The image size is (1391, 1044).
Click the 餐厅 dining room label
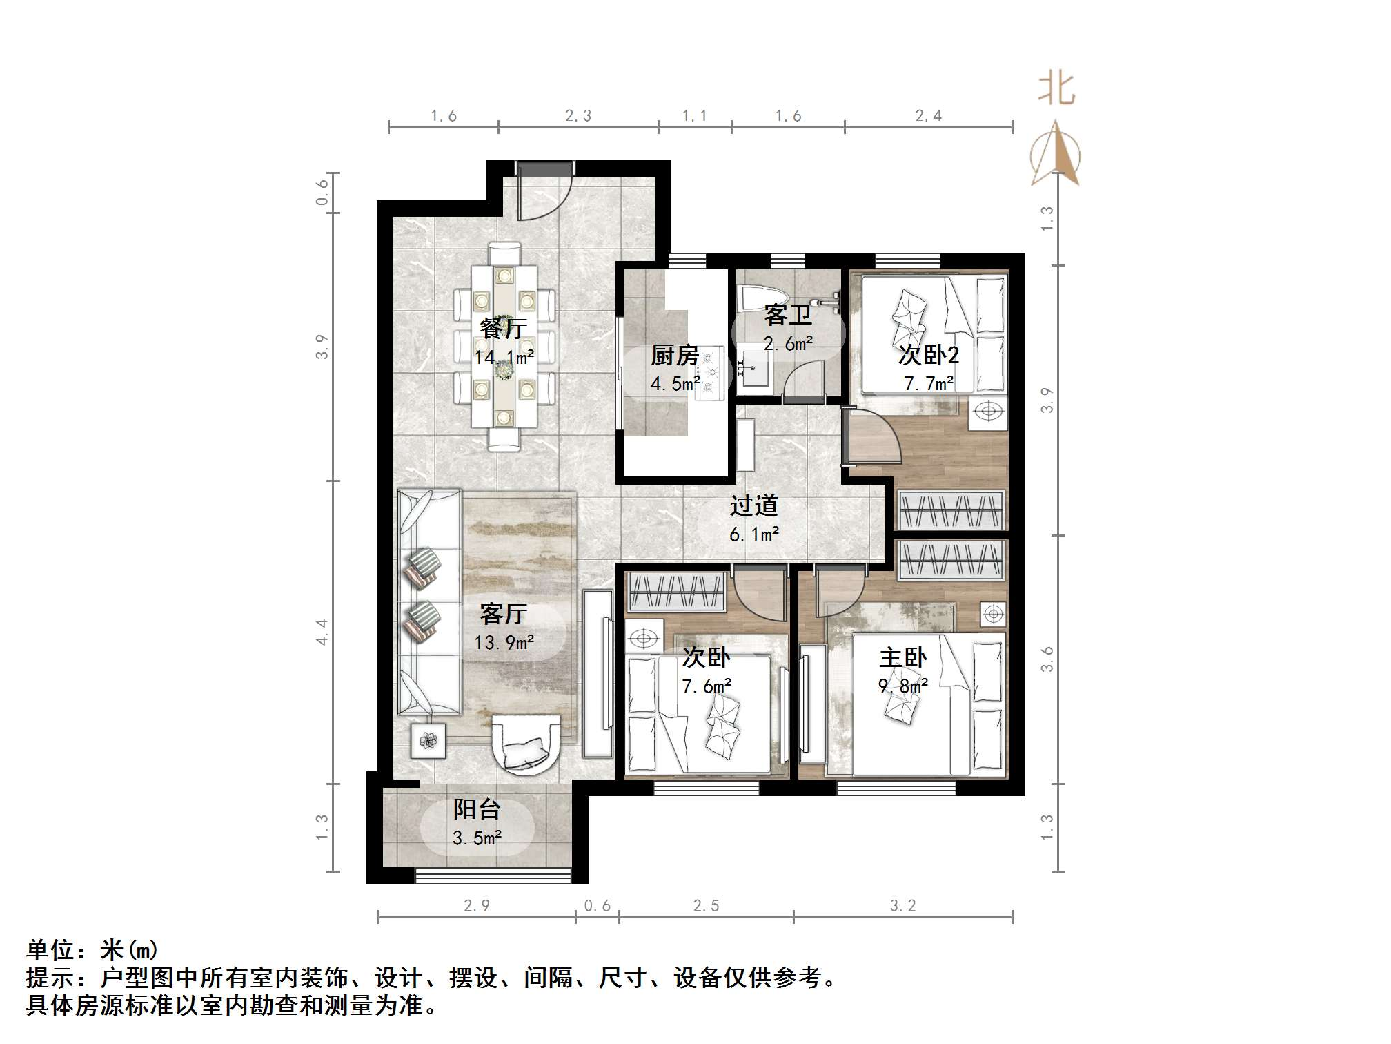[x=504, y=328]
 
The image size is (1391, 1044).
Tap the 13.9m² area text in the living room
[x=504, y=643]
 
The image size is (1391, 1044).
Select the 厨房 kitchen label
[x=675, y=356]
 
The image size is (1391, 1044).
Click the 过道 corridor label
[x=754, y=505]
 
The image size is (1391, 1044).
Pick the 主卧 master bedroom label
[x=902, y=657]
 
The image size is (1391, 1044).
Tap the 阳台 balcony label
[x=477, y=809]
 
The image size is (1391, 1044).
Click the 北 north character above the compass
[x=1056, y=90]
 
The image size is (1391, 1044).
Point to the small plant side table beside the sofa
[x=428, y=741]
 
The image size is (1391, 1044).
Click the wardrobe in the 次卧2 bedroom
[x=951, y=510]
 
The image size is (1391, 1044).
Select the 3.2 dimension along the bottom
[x=902, y=906]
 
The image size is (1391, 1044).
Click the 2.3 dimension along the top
[x=578, y=116]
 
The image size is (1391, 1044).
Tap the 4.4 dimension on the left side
[x=322, y=632]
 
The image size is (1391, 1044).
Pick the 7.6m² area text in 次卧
[x=707, y=686]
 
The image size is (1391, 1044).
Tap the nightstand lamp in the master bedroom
[x=993, y=613]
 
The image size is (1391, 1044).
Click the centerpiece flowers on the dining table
[x=504, y=369]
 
